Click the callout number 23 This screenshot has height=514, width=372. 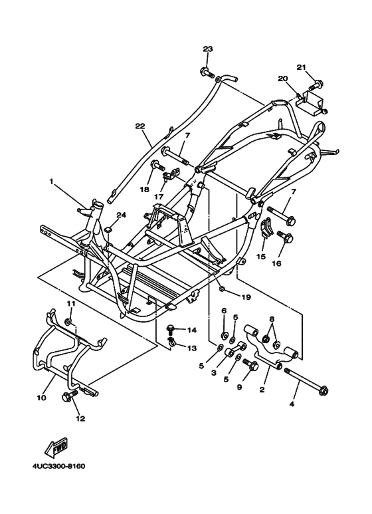coord(208,49)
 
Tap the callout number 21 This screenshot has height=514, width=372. coord(302,67)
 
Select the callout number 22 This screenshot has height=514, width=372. coord(140,126)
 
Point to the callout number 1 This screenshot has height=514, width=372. coord(50,181)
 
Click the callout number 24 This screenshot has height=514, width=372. coord(121,215)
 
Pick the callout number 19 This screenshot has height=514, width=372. coord(246,297)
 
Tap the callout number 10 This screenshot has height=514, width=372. coord(41,398)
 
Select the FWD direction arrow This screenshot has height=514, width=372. coord(56,447)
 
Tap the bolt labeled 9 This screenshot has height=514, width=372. coord(250,364)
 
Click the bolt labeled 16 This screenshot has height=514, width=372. coord(285,236)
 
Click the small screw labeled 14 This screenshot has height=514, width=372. coord(170,328)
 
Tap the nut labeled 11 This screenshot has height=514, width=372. coord(68,322)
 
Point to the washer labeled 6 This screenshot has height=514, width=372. coord(225,335)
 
